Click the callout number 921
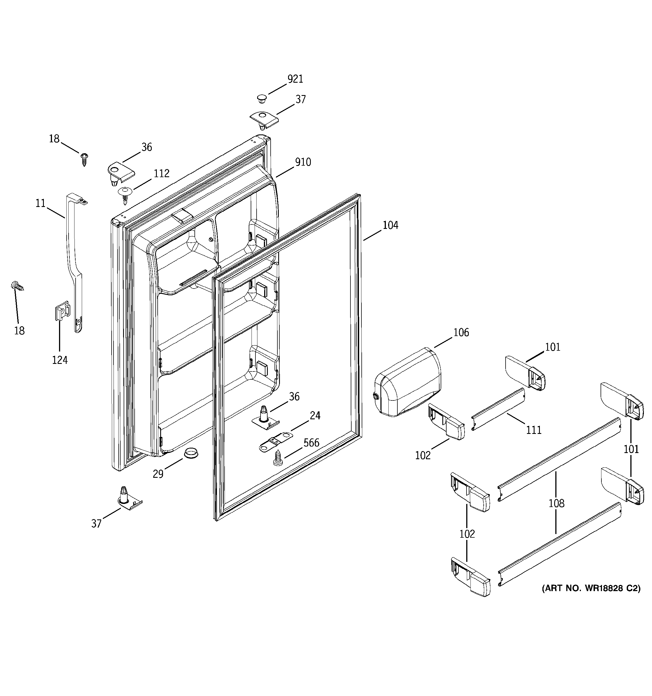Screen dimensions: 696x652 (295, 79)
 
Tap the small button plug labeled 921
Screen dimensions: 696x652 (261, 98)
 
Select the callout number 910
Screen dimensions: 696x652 (303, 162)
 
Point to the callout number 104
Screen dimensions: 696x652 (390, 225)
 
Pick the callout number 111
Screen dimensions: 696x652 (534, 430)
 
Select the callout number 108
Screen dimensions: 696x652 (556, 503)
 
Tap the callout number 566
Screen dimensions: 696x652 (311, 443)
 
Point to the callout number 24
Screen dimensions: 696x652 (315, 416)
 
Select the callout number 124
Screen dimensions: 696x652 (60, 360)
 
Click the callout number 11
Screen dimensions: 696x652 (40, 203)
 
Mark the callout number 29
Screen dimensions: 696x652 (158, 474)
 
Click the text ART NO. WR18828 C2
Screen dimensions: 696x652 (591, 588)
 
